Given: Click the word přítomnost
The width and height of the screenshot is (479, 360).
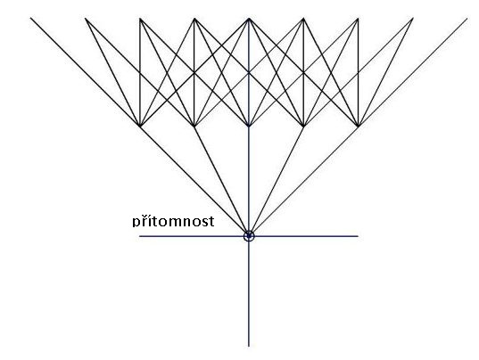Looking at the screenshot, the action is coord(173,221).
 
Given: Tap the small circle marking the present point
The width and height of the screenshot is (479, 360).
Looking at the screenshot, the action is coord(249,236).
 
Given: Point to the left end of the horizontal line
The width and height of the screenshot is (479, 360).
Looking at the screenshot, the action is coord(140,236).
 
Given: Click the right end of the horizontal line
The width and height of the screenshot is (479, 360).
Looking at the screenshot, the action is coord(358,236).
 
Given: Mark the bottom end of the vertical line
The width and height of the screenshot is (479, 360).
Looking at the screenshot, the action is coord(249,347).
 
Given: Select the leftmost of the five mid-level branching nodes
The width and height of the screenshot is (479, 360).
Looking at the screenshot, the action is coord(140,126).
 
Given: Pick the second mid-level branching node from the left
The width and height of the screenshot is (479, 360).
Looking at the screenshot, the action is coord(194,126).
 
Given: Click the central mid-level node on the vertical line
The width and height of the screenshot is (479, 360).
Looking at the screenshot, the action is coord(249,126).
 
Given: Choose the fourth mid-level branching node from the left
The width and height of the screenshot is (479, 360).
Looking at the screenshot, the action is coord(303,126).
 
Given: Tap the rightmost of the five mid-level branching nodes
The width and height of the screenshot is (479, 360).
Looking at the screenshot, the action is coord(358,126).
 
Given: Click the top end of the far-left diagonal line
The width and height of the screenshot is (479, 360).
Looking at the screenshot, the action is coord(30,18).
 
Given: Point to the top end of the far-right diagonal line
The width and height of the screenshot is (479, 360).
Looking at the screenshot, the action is coord(467,19).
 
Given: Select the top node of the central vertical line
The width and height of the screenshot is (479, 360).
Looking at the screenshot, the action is coord(249,19).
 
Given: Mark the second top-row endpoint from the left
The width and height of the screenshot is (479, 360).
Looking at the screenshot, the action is coord(86,19).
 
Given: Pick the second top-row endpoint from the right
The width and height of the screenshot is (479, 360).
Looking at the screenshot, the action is coord(413,19).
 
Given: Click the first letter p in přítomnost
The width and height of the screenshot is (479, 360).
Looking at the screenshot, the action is coord(136,223).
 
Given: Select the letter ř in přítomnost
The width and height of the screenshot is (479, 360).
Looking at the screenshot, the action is coord(144,221).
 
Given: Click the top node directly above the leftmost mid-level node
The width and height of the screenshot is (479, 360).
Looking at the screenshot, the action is coord(140,19).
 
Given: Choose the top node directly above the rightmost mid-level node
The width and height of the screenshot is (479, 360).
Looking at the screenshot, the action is coord(358,19).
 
